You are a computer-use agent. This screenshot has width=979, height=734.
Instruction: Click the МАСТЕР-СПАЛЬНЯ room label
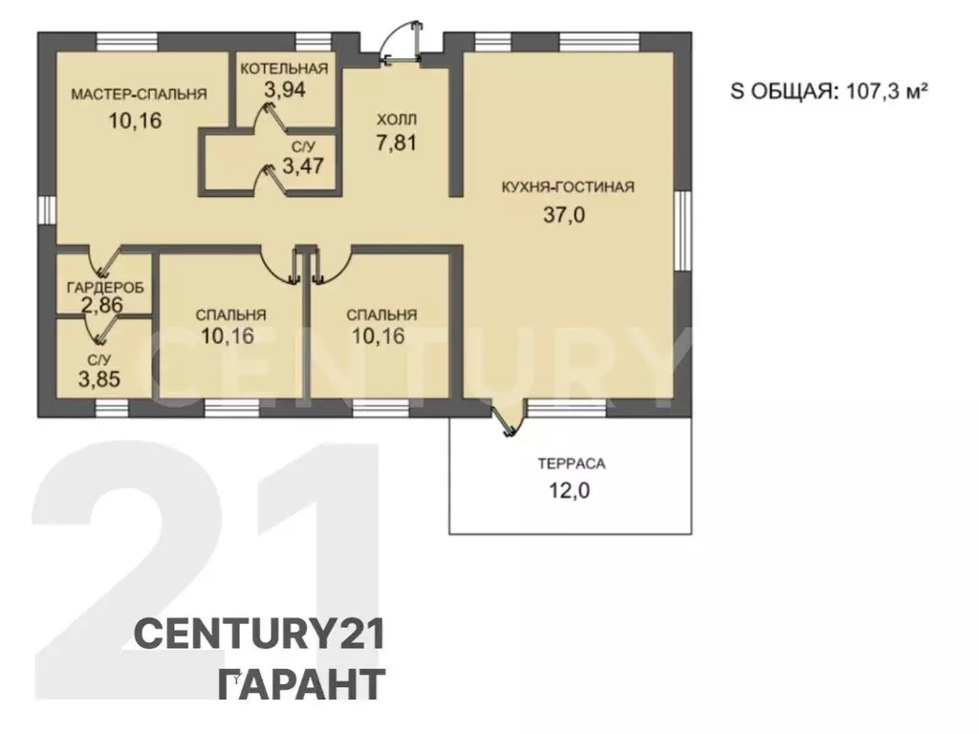coord(139,95)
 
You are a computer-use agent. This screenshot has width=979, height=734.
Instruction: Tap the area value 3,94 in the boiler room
coord(285,89)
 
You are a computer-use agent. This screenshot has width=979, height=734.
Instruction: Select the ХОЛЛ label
coord(397,119)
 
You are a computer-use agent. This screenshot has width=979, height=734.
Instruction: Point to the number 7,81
coord(396,142)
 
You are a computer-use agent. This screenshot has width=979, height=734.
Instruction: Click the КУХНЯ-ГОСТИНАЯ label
coord(568,186)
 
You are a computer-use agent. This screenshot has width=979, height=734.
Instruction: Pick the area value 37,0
coord(564,215)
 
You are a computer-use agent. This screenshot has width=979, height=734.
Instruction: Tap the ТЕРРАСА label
coord(572,464)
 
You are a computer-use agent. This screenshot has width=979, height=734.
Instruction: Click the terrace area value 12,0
coord(570,490)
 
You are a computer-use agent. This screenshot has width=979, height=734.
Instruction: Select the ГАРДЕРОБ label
coord(105,287)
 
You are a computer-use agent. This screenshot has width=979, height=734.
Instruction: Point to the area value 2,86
coord(101,305)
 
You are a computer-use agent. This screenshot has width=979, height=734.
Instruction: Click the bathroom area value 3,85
coord(99,378)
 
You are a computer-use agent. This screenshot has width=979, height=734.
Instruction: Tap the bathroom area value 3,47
coord(303,166)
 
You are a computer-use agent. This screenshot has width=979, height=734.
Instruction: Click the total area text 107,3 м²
coord(886,91)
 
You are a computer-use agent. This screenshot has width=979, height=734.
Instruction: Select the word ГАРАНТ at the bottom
coord(301,684)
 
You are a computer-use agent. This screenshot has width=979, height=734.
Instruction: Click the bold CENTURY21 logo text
coord(259,635)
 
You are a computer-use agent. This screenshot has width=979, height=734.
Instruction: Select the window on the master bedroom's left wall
coord(47,209)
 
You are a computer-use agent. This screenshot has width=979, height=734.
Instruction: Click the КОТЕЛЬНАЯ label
coord(284,69)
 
